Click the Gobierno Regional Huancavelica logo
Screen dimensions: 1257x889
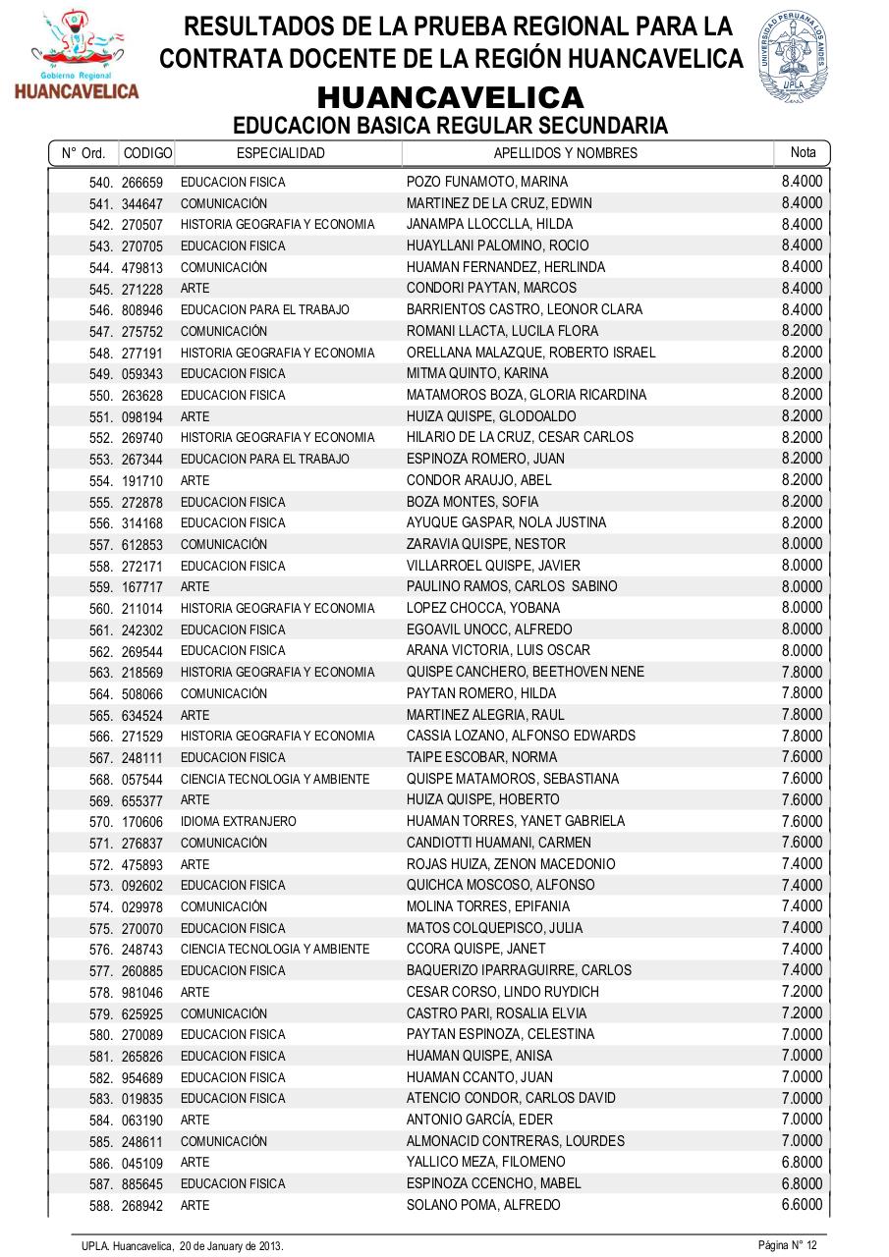click(x=76, y=55)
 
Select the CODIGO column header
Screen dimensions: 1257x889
click(x=147, y=153)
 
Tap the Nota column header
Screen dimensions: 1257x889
click(x=803, y=152)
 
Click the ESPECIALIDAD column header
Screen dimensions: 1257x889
click(x=281, y=153)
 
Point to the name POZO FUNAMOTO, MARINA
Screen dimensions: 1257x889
click(x=486, y=182)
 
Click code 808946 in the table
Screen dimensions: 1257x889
click(x=142, y=310)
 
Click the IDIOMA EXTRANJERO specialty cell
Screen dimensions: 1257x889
click(x=238, y=821)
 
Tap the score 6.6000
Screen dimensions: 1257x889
click(x=802, y=1204)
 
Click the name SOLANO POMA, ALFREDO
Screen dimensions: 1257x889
click(x=483, y=1205)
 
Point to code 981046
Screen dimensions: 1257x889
click(x=142, y=993)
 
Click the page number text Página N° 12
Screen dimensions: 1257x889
click(x=787, y=1245)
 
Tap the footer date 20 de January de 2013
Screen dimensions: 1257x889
click(x=231, y=1245)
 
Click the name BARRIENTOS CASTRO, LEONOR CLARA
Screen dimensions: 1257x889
click(x=524, y=309)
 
